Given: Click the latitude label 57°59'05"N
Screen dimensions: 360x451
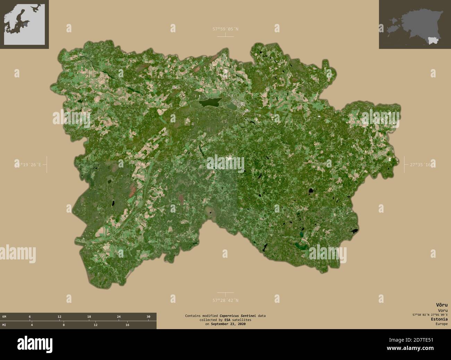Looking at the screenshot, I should (226, 29).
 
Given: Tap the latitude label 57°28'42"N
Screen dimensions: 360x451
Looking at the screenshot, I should (226, 300).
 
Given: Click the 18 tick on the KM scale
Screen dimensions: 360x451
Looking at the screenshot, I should (89, 317).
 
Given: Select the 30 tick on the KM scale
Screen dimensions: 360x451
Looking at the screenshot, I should (148, 317).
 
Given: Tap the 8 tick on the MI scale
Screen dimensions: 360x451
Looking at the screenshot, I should (63, 325).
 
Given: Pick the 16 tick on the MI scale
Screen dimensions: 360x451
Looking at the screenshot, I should (127, 325).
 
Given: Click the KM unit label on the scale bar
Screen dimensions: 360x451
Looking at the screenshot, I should (4, 317).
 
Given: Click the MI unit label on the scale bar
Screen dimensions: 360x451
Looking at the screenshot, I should (4, 325).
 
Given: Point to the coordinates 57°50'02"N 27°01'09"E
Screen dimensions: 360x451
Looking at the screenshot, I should (430, 314).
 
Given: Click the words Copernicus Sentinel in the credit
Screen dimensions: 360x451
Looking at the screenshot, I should (239, 316).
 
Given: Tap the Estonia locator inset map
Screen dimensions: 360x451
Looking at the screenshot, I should (415, 24).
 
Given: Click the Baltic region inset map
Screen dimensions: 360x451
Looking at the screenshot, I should (24, 24).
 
